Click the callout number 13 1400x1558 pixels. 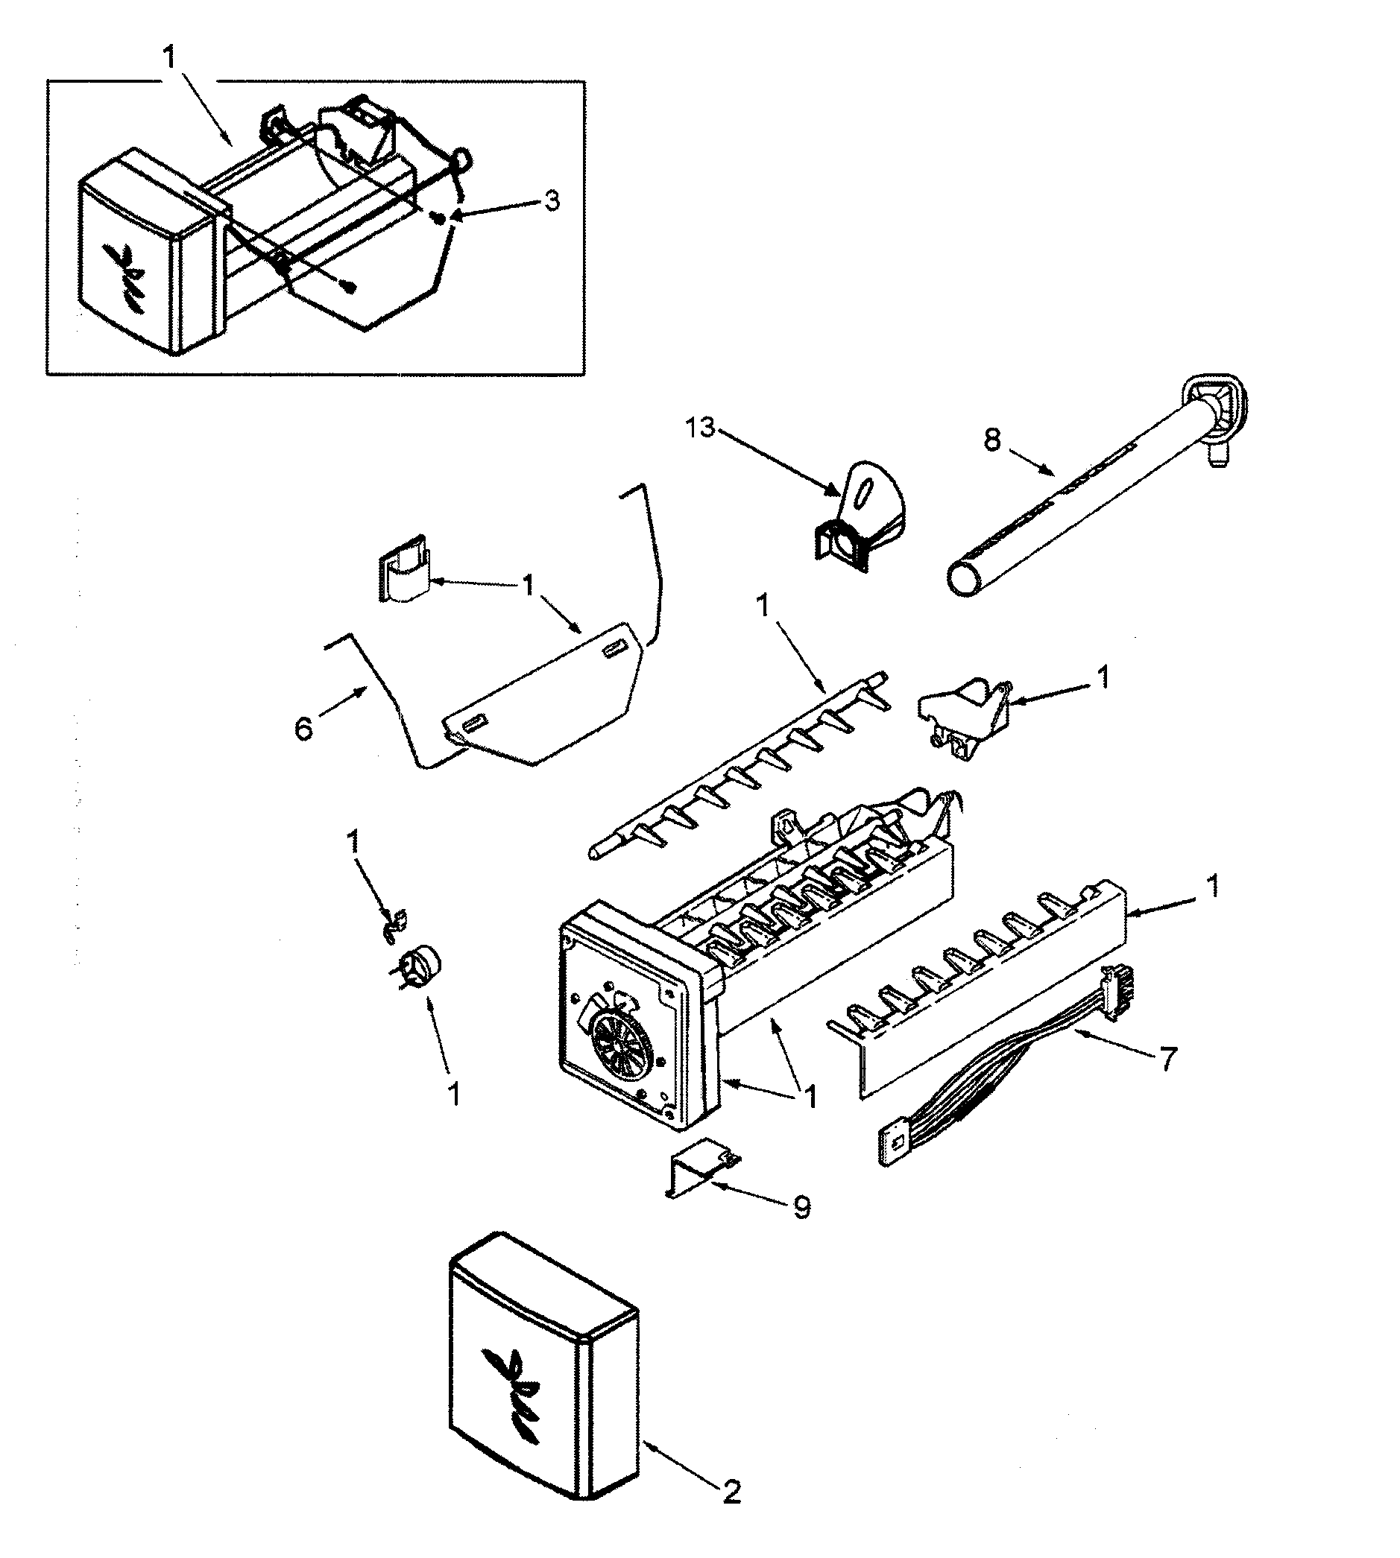(700, 428)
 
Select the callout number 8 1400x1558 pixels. (992, 440)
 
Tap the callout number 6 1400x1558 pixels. (304, 727)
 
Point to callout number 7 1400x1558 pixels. (1167, 1060)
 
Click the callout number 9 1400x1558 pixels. (801, 1208)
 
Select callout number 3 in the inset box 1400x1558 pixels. (552, 201)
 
